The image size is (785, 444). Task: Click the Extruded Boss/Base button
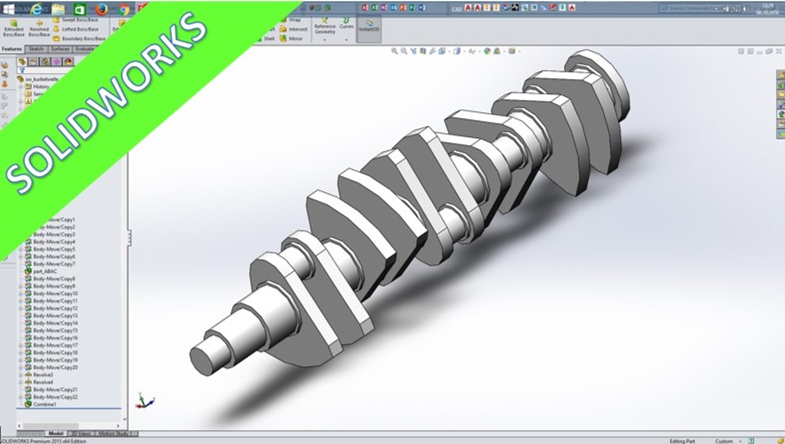click(14, 28)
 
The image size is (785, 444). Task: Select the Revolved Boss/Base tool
click(39, 28)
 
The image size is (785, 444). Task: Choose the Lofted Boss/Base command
click(79, 29)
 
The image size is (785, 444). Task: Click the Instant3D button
click(369, 25)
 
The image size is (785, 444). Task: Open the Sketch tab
click(36, 49)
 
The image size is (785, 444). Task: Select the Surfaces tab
click(60, 49)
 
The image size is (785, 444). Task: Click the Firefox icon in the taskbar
click(102, 9)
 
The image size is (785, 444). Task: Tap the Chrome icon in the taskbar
click(124, 9)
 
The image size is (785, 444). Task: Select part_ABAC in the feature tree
click(44, 271)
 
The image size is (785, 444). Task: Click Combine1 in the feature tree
click(44, 404)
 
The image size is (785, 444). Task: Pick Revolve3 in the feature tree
click(43, 374)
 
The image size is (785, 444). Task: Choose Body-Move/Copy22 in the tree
click(55, 397)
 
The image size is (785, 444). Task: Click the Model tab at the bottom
click(55, 434)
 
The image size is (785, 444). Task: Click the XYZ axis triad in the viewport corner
click(145, 401)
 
